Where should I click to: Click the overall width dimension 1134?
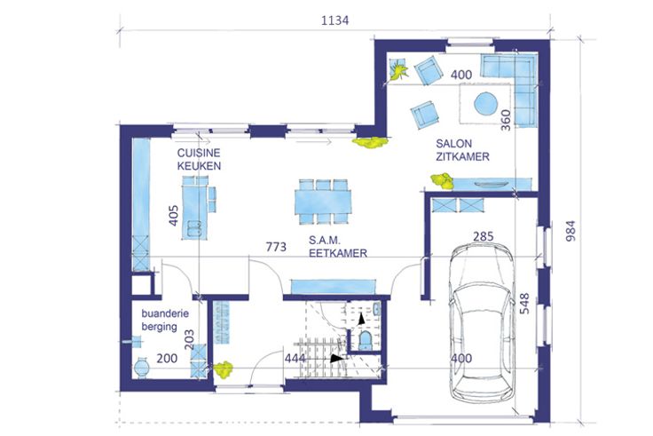(334, 20)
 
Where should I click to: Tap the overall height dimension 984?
(570, 231)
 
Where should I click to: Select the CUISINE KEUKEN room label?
(199, 159)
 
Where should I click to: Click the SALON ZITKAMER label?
(462, 150)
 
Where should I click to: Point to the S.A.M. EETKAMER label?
(338, 246)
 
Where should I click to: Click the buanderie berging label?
(165, 320)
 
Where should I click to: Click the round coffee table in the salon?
(485, 103)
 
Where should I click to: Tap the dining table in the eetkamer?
(323, 202)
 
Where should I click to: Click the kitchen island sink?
(194, 228)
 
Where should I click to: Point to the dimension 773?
(276, 247)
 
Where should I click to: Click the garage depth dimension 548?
(524, 304)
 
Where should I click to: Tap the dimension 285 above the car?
(483, 236)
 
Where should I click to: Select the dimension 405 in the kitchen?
(173, 215)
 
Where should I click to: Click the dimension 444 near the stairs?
(295, 358)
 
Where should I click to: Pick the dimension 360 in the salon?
(505, 120)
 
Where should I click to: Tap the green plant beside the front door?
(224, 369)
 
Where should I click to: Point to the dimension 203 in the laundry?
(189, 340)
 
